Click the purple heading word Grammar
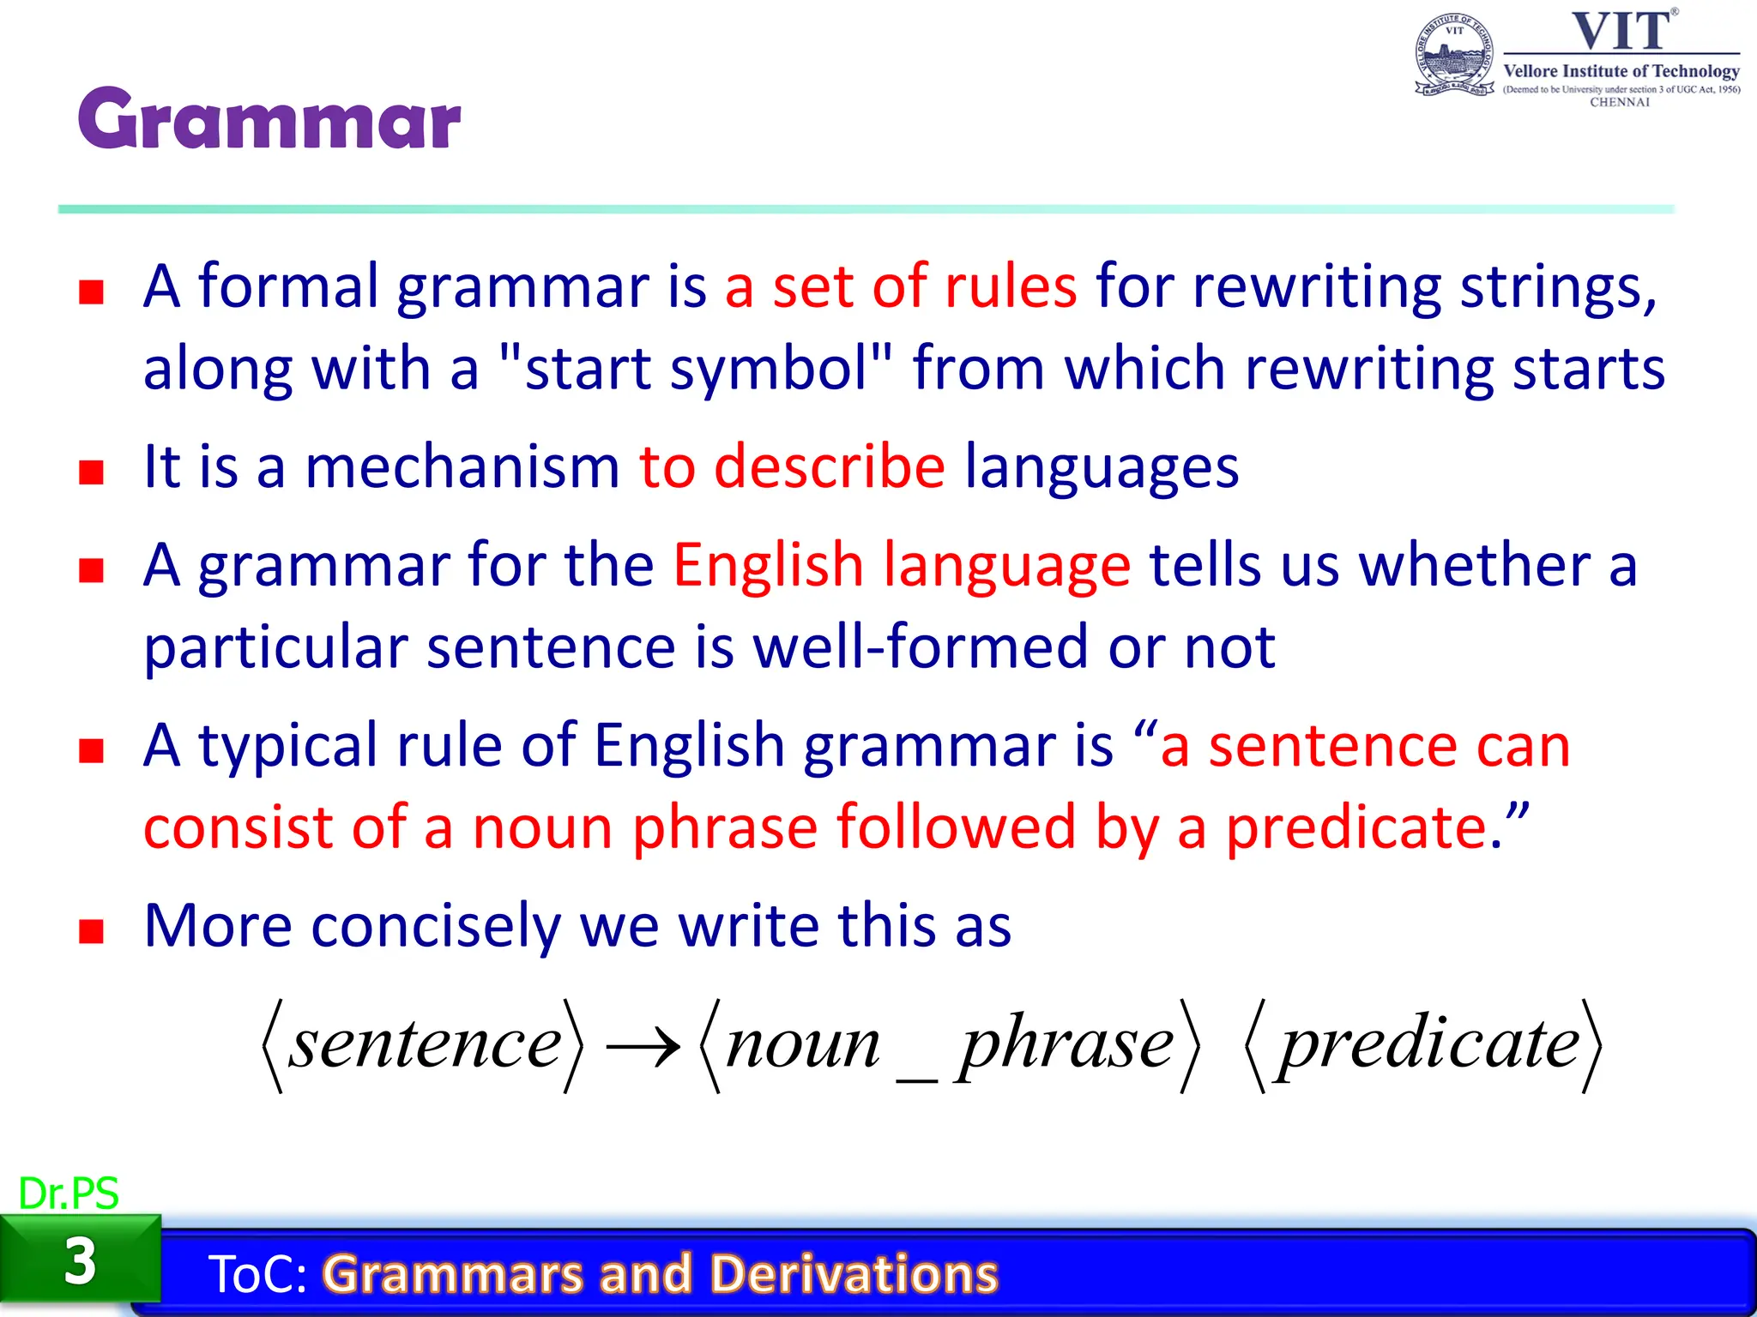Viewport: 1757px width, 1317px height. [269, 120]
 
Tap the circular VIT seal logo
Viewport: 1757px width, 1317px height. [1454, 56]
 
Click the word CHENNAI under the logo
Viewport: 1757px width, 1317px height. [1620, 102]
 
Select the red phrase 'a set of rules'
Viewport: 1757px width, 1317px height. [900, 286]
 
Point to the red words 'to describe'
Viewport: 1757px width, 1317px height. [792, 467]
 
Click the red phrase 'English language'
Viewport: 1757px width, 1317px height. [902, 566]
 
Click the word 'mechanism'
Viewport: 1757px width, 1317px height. [462, 467]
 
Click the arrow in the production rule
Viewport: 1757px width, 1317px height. [643, 1046]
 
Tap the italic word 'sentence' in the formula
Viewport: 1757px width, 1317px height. [424, 1043]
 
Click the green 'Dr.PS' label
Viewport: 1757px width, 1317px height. [68, 1194]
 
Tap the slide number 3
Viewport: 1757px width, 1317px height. [80, 1261]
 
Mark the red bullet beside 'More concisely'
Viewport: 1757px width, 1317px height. [91, 931]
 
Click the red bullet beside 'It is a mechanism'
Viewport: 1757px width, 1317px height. [91, 472]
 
